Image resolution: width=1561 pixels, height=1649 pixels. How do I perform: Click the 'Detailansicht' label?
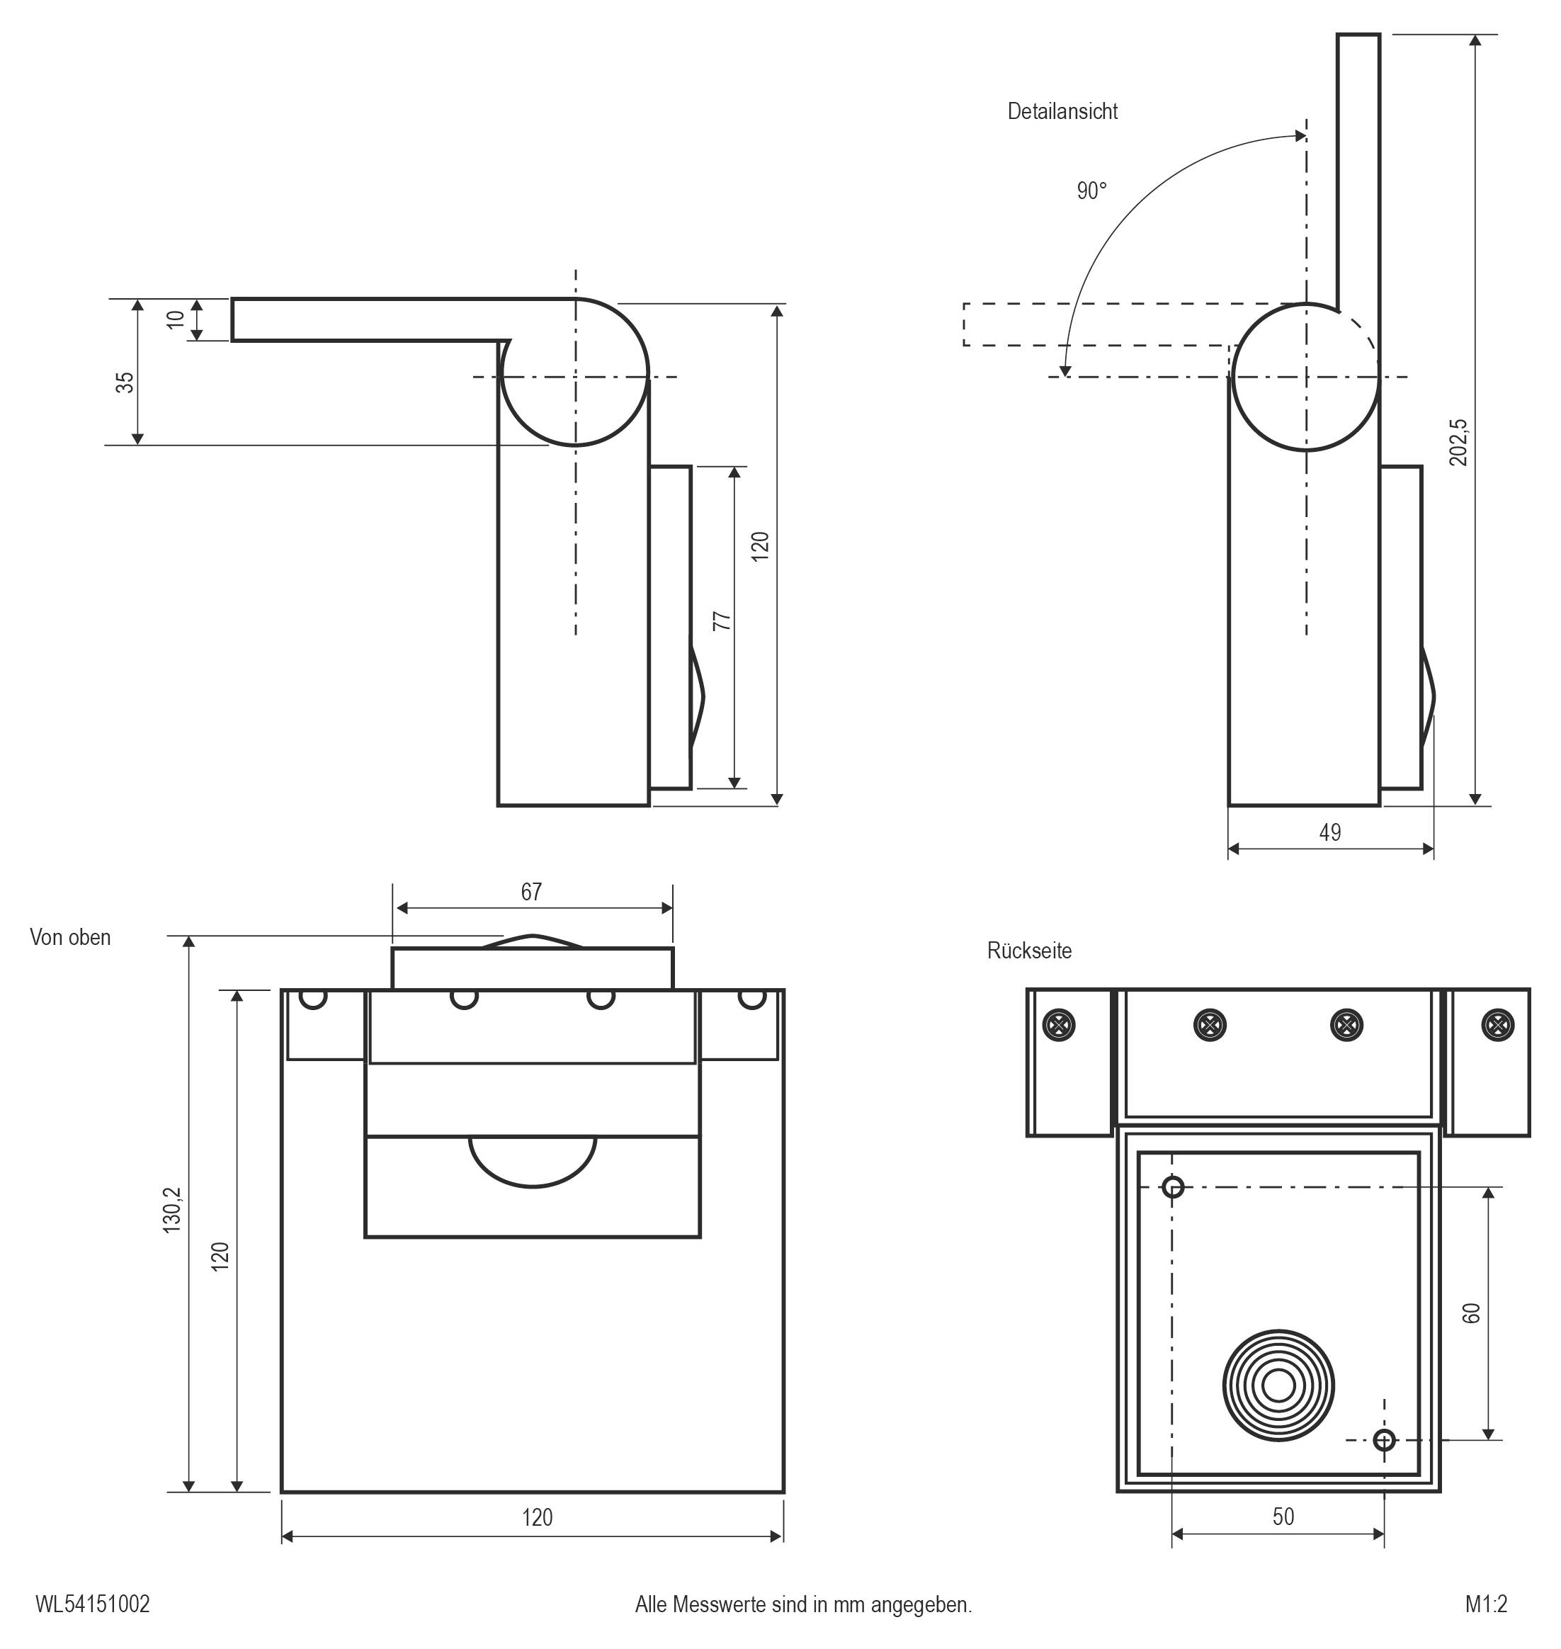point(1062,111)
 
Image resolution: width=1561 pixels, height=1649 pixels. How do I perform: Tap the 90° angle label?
point(1091,191)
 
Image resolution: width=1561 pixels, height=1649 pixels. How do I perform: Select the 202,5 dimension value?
point(1458,442)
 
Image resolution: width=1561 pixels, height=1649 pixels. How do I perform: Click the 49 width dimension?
point(1329,833)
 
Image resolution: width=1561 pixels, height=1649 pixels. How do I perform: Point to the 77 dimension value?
point(722,620)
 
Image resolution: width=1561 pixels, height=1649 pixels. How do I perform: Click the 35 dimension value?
point(124,382)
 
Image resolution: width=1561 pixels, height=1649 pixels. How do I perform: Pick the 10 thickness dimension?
point(175,319)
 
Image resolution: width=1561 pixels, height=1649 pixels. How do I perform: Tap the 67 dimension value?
point(531,892)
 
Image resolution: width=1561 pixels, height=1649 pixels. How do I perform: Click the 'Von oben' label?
point(70,938)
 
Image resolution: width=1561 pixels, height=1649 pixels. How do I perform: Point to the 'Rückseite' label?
point(1029,951)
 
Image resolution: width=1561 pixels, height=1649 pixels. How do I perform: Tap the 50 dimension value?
point(1283,1517)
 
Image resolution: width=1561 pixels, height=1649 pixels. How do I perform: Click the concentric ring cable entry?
point(1278,1386)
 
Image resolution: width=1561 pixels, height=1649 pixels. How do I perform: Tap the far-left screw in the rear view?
point(1058,1025)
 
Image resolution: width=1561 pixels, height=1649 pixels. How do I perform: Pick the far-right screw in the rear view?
point(1497,1025)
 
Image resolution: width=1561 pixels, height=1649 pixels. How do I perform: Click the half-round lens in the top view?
point(533,1162)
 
